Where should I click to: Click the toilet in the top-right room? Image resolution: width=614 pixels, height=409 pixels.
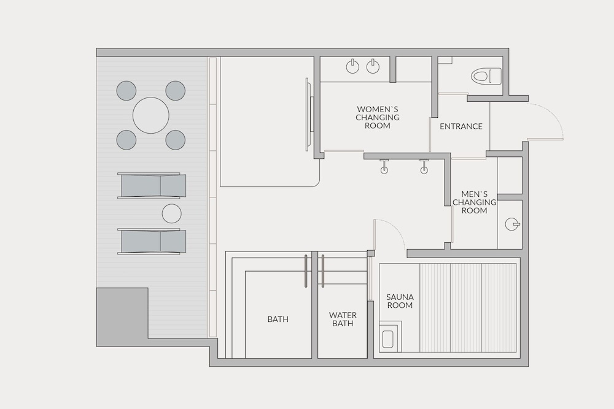tap(486, 75)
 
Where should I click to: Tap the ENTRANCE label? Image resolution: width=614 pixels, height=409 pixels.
tap(461, 126)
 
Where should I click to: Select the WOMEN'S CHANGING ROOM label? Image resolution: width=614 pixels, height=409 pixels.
tap(378, 117)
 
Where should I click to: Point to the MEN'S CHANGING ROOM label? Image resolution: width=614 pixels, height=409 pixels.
tap(474, 202)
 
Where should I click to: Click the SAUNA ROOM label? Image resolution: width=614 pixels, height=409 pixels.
tap(400, 301)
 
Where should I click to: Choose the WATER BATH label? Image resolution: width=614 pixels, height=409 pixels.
tap(343, 319)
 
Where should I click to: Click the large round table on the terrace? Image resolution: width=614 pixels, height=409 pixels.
tap(151, 115)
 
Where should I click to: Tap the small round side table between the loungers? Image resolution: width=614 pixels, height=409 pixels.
tap(171, 213)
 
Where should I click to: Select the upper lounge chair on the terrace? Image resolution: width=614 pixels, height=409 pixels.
tap(152, 186)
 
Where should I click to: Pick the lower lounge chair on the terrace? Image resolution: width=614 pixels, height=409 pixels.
tap(152, 241)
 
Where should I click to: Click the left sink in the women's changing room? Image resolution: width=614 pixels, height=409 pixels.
tap(353, 66)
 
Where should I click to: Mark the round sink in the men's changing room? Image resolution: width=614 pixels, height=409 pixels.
tap(512, 224)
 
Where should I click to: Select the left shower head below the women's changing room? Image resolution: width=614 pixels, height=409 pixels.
tap(384, 166)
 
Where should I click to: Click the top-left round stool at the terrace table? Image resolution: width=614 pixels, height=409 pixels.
tap(126, 91)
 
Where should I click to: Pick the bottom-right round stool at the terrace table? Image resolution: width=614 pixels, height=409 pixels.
tap(175, 140)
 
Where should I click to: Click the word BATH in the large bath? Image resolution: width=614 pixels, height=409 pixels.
tap(278, 319)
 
